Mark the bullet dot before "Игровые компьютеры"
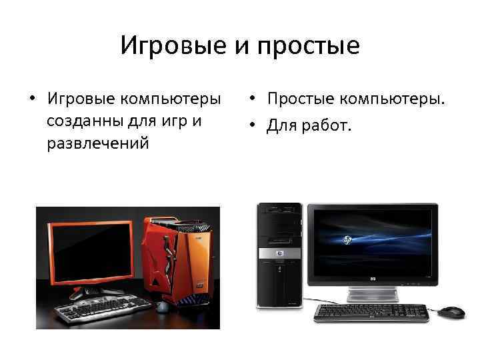tap(32, 100)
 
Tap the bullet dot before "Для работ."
tap(255, 123)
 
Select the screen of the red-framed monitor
tap(91, 253)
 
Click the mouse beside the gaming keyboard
tap(161, 307)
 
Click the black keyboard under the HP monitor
tap(371, 313)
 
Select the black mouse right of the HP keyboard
tap(452, 312)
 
